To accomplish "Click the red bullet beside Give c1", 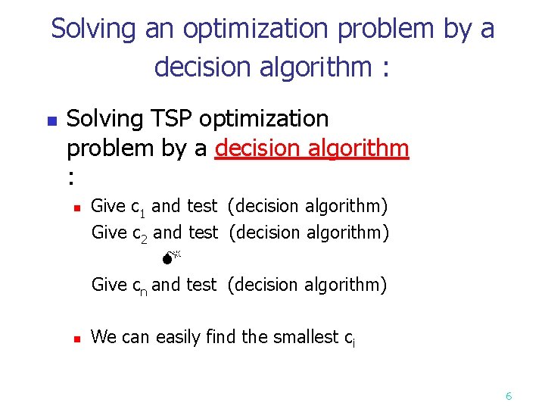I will click(77, 207).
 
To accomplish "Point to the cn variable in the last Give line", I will click(139, 286).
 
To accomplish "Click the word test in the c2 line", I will click(202, 233).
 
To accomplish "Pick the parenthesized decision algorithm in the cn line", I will click(307, 285).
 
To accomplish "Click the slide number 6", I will click(509, 395).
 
